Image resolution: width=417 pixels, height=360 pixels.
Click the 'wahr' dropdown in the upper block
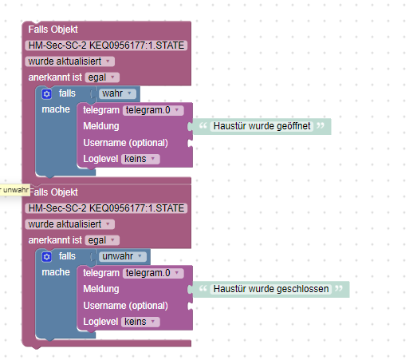tap(117, 93)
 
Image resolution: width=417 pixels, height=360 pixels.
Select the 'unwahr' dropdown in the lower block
tap(123, 256)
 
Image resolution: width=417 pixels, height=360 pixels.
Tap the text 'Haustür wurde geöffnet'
tap(262, 126)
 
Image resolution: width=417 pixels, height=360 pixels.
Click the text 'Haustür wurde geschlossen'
tap(271, 289)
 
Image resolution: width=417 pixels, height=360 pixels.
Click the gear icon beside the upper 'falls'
tap(46, 94)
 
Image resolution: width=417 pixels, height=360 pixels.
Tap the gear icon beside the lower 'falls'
tap(46, 257)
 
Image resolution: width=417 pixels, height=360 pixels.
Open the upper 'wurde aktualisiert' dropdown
tap(69, 61)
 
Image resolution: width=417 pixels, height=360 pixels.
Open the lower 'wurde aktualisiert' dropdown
tap(69, 224)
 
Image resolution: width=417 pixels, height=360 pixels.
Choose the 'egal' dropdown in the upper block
tap(102, 77)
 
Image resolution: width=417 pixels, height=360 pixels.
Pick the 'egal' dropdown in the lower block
tap(102, 240)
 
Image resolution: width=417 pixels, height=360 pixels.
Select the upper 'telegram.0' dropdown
tap(153, 110)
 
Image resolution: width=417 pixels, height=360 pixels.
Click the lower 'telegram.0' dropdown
tap(153, 273)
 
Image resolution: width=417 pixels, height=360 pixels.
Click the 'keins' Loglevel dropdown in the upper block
tap(140, 159)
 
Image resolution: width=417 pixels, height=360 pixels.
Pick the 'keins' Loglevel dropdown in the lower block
tap(140, 322)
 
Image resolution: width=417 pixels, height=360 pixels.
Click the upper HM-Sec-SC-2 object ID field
tap(106, 45)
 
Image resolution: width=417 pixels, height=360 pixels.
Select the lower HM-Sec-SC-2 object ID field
tap(106, 208)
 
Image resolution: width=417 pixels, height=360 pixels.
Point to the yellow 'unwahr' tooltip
tap(14, 190)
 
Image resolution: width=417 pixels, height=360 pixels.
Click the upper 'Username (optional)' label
tap(125, 143)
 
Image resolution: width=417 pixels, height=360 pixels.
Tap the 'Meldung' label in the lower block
tap(101, 289)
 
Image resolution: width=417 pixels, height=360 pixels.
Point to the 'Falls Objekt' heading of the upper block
tap(53, 30)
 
